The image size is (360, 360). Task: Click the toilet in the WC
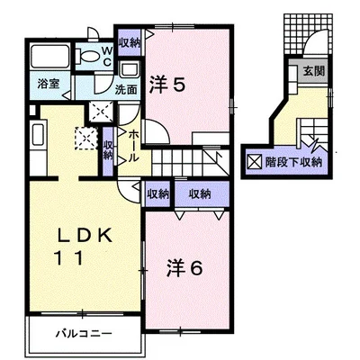tap(87, 56)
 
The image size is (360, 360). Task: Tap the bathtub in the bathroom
tap(50, 57)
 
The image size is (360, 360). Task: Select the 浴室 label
tap(49, 85)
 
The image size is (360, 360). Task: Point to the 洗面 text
tap(126, 89)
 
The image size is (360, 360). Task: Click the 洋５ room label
tap(167, 85)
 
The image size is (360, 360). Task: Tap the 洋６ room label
tap(184, 268)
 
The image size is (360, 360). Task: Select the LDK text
tap(85, 235)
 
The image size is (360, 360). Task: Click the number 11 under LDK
tap(68, 258)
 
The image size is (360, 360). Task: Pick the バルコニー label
tap(85, 334)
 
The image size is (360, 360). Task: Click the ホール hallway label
tap(134, 146)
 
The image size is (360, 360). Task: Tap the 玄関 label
tap(314, 71)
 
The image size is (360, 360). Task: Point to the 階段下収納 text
tap(293, 162)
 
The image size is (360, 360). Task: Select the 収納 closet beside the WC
tap(130, 43)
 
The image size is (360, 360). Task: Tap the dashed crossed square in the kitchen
tap(86, 139)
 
